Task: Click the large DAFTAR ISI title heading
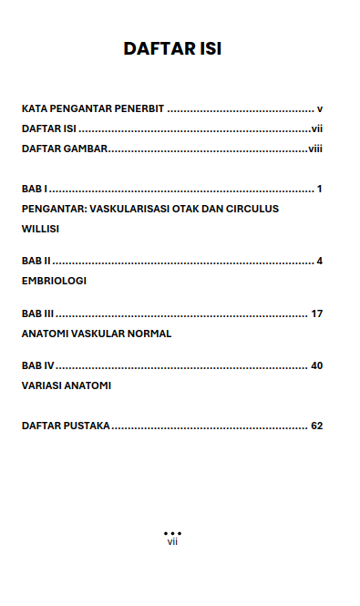coord(172,48)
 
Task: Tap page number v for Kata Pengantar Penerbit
coord(320,108)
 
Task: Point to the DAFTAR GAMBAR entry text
coord(65,149)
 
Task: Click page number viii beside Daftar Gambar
coord(315,149)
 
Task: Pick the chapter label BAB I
coord(35,189)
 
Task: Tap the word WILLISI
coord(40,229)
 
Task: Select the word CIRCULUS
coord(252,209)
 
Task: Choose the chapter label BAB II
coord(36,261)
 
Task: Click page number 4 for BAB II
coord(320,261)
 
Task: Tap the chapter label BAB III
coord(37,313)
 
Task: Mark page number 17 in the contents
coord(317,313)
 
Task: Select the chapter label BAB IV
coord(38,365)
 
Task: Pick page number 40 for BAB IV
coord(317,365)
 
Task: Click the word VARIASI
coord(42,385)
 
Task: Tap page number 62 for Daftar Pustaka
coord(317,426)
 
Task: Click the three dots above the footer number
coord(172,532)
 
